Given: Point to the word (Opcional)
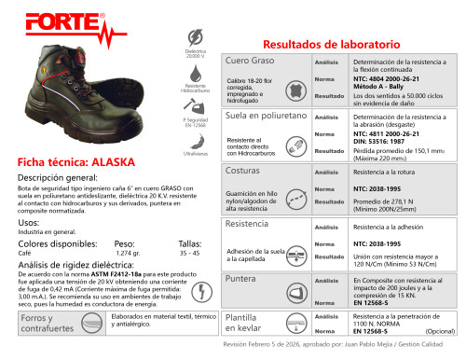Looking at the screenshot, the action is (x=440, y=331).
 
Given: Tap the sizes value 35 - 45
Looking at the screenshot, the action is (x=189, y=253).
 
